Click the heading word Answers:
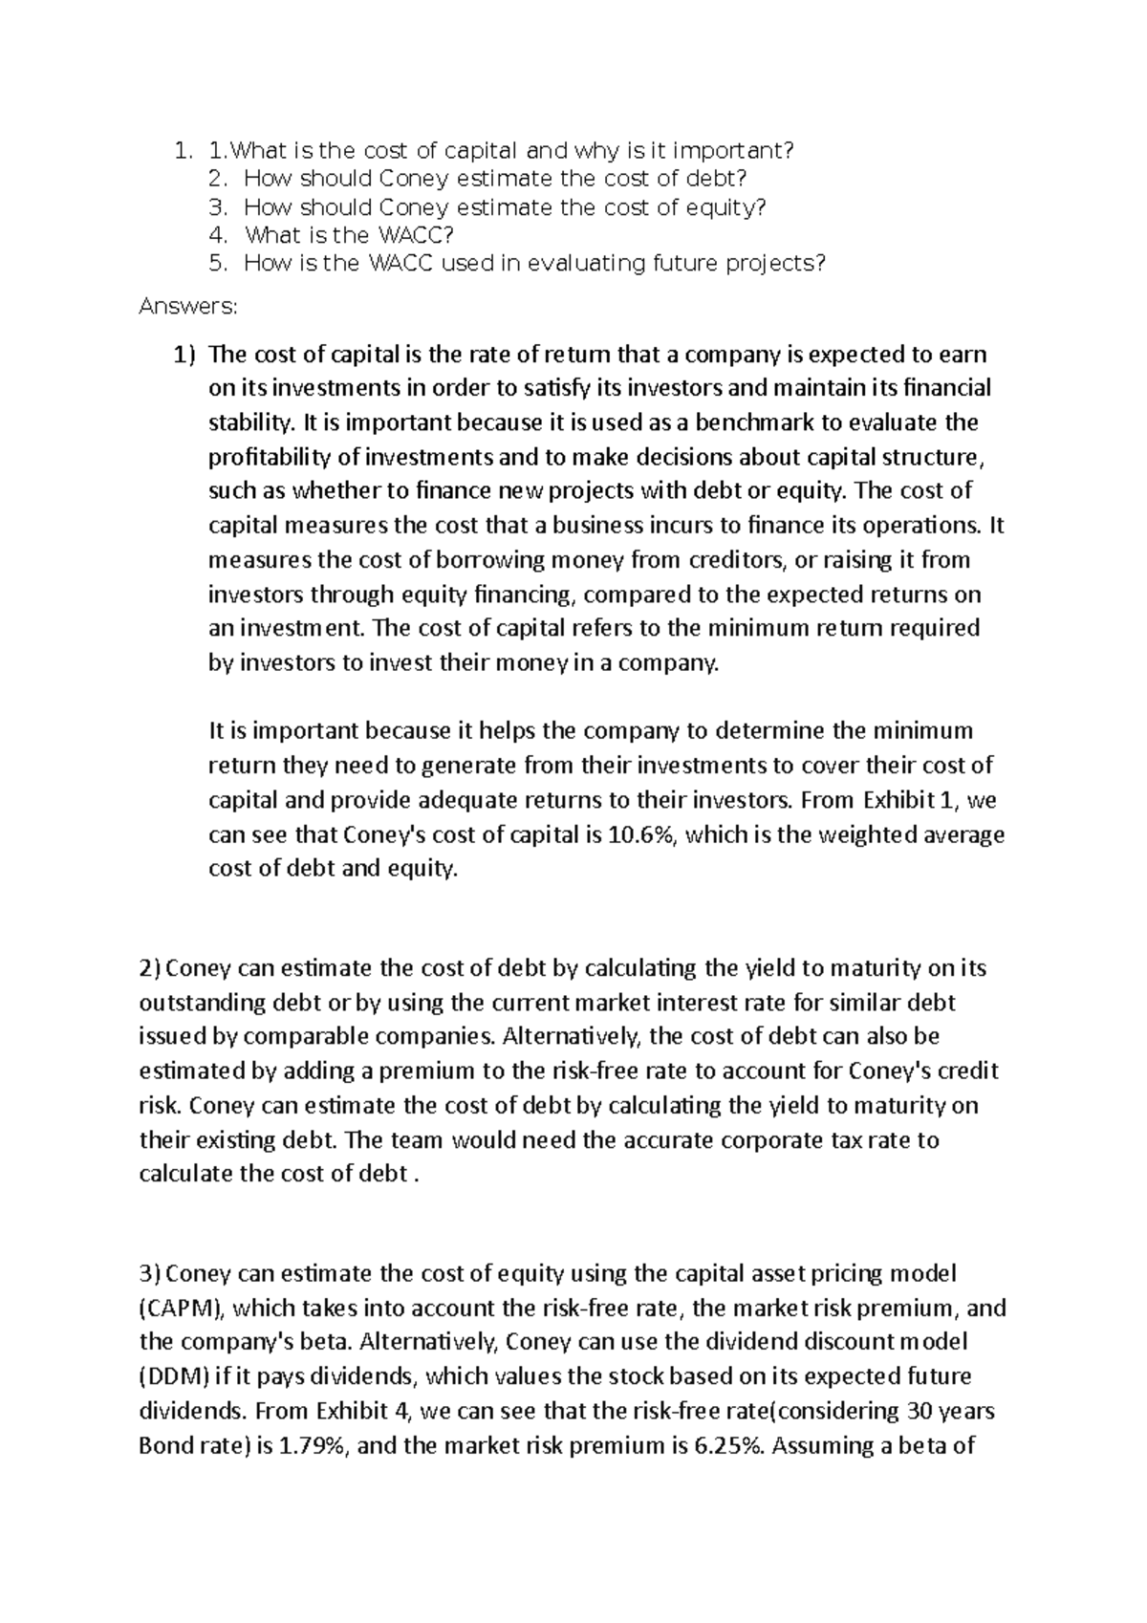(x=187, y=307)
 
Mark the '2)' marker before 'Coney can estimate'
(x=151, y=967)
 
